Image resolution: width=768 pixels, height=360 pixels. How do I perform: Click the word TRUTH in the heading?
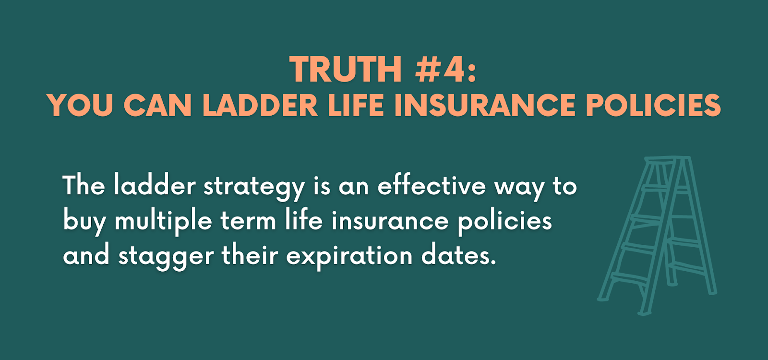[346, 69]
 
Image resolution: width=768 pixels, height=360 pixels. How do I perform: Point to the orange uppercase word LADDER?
[260, 105]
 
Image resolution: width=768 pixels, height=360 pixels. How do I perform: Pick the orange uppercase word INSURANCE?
[485, 105]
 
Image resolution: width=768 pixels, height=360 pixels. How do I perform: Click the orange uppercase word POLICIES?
[653, 105]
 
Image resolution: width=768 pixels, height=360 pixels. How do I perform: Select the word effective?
[432, 185]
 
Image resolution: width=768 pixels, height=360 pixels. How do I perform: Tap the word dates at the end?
[458, 255]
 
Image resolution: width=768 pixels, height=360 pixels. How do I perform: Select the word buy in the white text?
[84, 222]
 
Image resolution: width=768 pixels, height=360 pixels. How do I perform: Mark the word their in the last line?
[250, 255]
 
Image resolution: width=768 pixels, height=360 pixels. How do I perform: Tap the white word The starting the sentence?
[84, 185]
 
